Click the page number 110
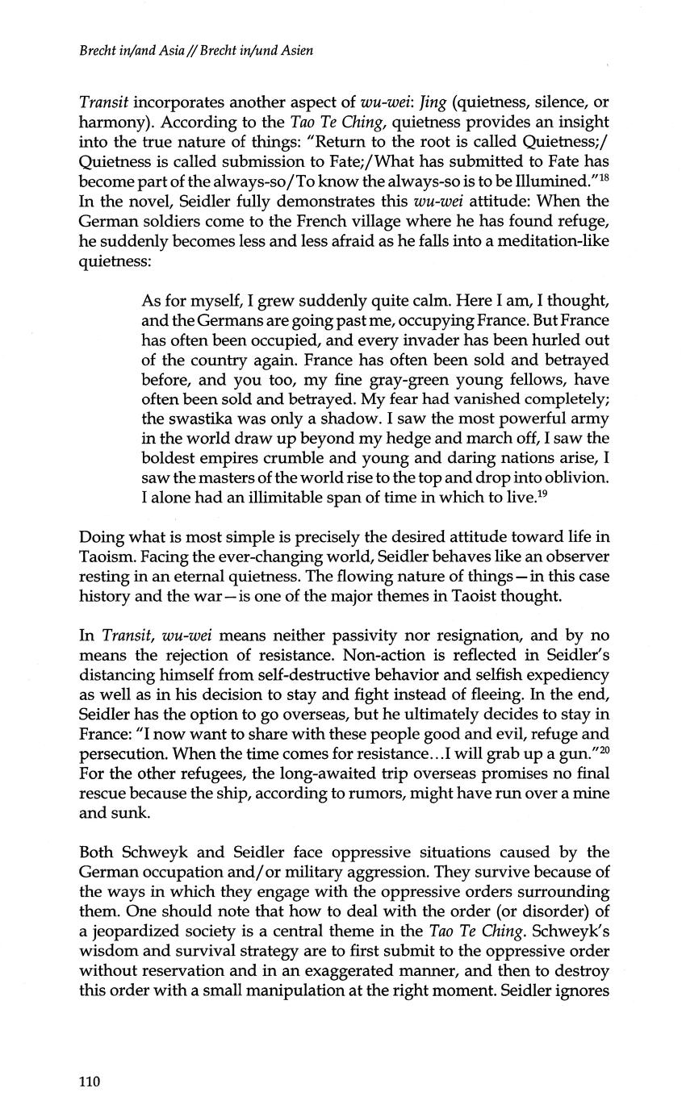click(x=90, y=1082)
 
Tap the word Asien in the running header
click(x=294, y=50)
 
